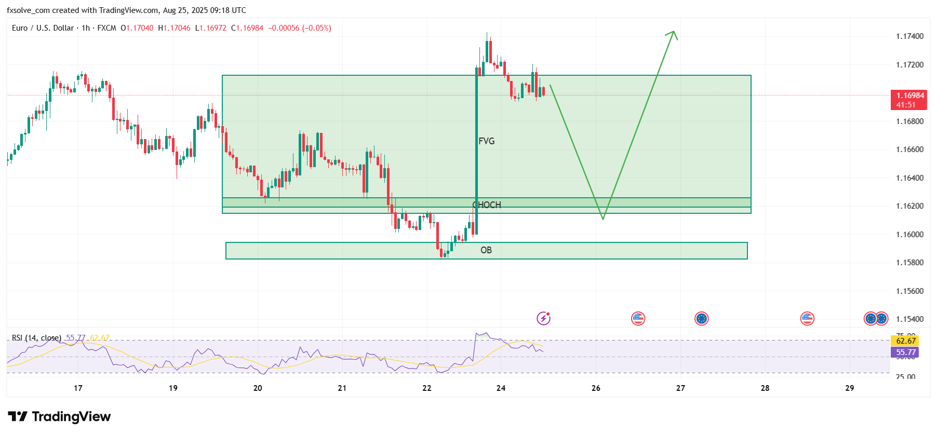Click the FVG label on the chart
click(x=486, y=141)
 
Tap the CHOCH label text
click(x=487, y=205)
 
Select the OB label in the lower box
click(x=486, y=250)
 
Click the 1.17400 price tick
click(x=909, y=36)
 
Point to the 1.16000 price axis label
click(x=909, y=235)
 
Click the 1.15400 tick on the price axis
click(x=909, y=319)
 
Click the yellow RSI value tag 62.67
click(x=906, y=341)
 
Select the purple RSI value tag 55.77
click(x=906, y=352)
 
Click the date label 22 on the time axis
click(x=426, y=388)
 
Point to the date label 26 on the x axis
click(x=596, y=388)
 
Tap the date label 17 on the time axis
click(x=78, y=388)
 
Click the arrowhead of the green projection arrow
click(x=673, y=32)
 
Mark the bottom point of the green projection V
click(x=603, y=219)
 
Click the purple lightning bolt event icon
click(x=543, y=318)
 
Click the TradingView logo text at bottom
click(x=60, y=417)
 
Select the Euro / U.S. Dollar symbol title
click(x=43, y=28)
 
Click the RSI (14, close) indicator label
click(x=36, y=338)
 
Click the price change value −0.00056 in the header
click(x=284, y=28)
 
